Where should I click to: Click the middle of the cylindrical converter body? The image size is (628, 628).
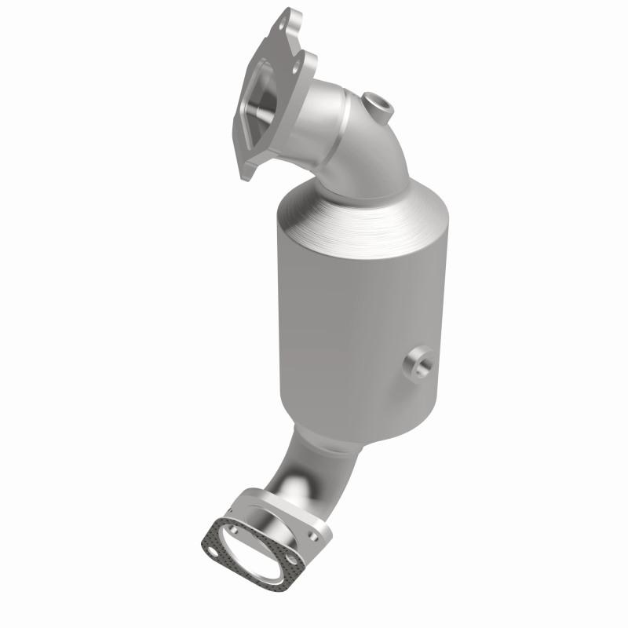point(357,314)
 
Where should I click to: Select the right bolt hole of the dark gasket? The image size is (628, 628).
point(291,562)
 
